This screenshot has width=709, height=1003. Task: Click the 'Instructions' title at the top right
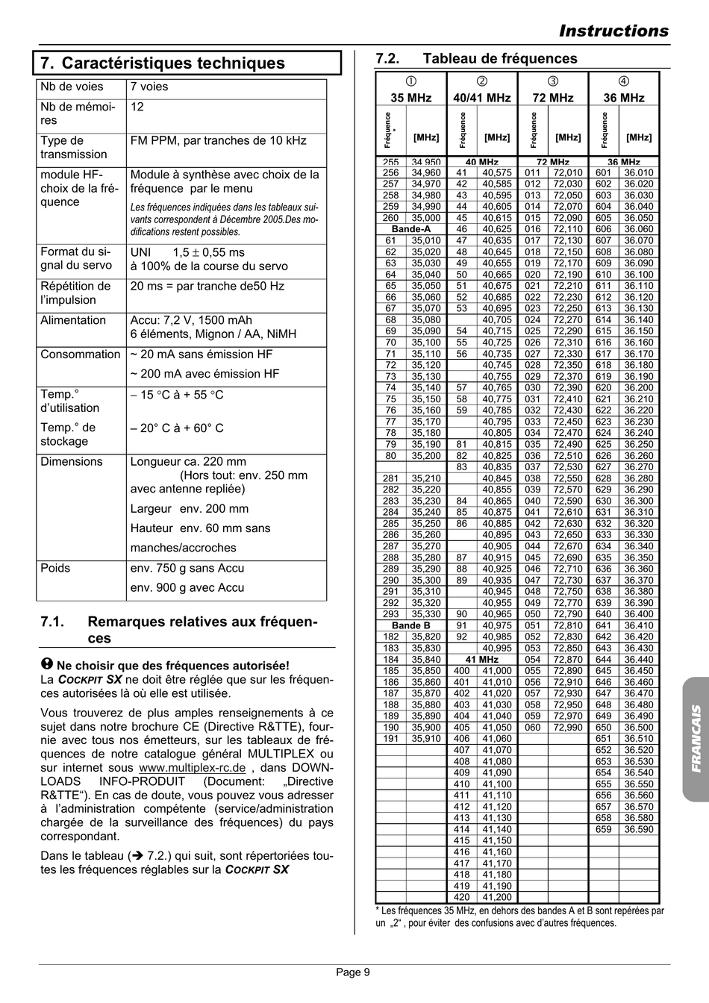coord(613,31)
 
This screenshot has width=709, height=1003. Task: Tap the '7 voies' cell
coord(149,87)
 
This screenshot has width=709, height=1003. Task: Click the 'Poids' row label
coord(55,568)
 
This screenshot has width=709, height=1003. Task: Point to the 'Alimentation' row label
coord(73,320)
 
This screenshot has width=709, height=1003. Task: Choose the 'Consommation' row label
coord(80,354)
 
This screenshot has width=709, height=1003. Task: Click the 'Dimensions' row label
coord(72,461)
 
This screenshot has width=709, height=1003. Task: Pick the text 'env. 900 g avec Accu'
coord(187,587)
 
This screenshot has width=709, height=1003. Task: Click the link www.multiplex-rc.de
coord(192,768)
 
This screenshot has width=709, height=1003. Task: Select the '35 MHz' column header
coord(411,98)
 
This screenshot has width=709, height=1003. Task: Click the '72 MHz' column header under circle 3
coord(552,98)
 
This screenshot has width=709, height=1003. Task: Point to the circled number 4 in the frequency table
coord(624,81)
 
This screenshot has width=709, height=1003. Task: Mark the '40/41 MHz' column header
coord(482,98)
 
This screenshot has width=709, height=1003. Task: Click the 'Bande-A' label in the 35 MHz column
coord(411,229)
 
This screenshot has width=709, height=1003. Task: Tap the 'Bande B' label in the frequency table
coord(411,625)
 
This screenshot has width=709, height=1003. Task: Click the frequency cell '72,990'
coord(568,728)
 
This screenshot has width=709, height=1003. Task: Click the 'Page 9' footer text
coord(353,972)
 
